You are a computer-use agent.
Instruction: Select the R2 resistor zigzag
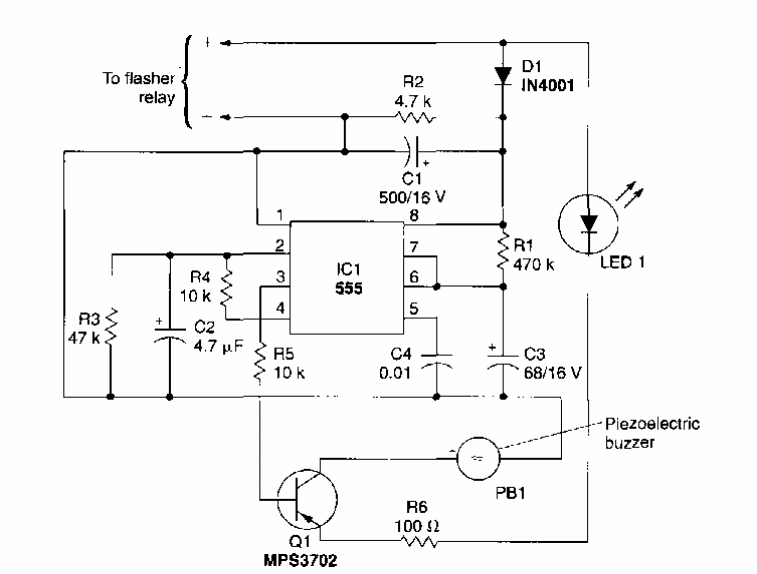[x=413, y=117]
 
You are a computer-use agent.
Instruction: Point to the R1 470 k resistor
[x=500, y=255]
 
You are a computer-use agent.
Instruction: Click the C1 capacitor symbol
[x=412, y=152]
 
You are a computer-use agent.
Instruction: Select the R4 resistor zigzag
[x=226, y=290]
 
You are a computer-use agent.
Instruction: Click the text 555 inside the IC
[x=347, y=288]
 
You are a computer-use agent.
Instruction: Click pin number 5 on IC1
[x=411, y=308]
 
